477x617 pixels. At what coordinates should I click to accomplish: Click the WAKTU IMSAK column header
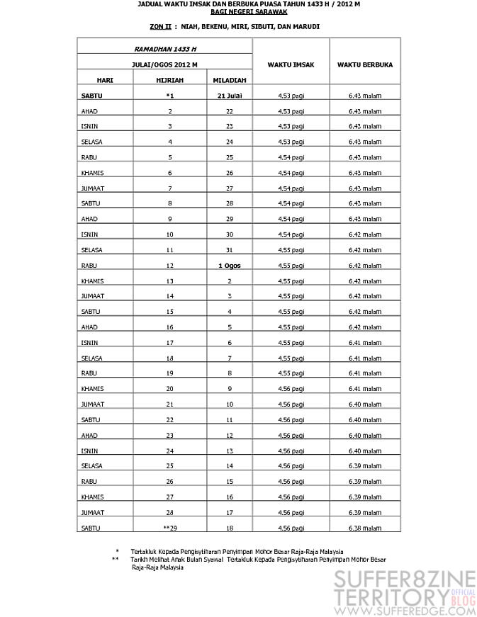(x=291, y=64)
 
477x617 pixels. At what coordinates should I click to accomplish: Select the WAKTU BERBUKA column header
(x=365, y=64)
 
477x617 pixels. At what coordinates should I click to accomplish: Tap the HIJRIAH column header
(x=169, y=80)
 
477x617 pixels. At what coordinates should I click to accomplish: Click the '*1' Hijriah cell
(x=169, y=96)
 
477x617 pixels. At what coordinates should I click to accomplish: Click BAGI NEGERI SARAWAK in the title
(x=238, y=11)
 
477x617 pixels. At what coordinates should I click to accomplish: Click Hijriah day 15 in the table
(x=169, y=311)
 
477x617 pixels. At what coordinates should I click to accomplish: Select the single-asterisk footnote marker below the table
(x=117, y=550)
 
